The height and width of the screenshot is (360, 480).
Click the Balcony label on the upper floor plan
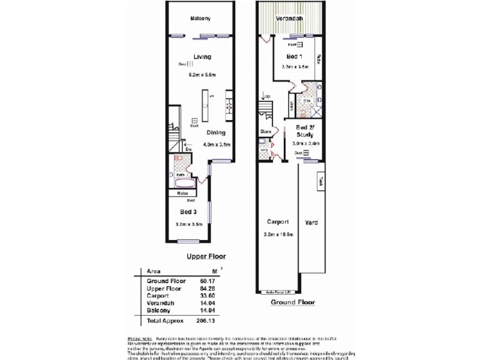click(x=200, y=19)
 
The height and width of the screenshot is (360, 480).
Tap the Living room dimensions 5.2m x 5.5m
click(x=200, y=74)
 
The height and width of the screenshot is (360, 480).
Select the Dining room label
click(x=216, y=133)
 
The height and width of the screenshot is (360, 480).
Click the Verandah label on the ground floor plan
click(x=289, y=19)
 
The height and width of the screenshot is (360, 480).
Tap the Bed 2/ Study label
click(x=303, y=131)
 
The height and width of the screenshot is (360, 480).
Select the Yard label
click(x=311, y=223)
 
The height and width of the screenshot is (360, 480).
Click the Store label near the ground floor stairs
click(x=266, y=131)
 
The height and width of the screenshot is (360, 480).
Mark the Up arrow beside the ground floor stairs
click(x=265, y=96)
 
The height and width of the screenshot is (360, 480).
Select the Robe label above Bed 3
click(x=183, y=193)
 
